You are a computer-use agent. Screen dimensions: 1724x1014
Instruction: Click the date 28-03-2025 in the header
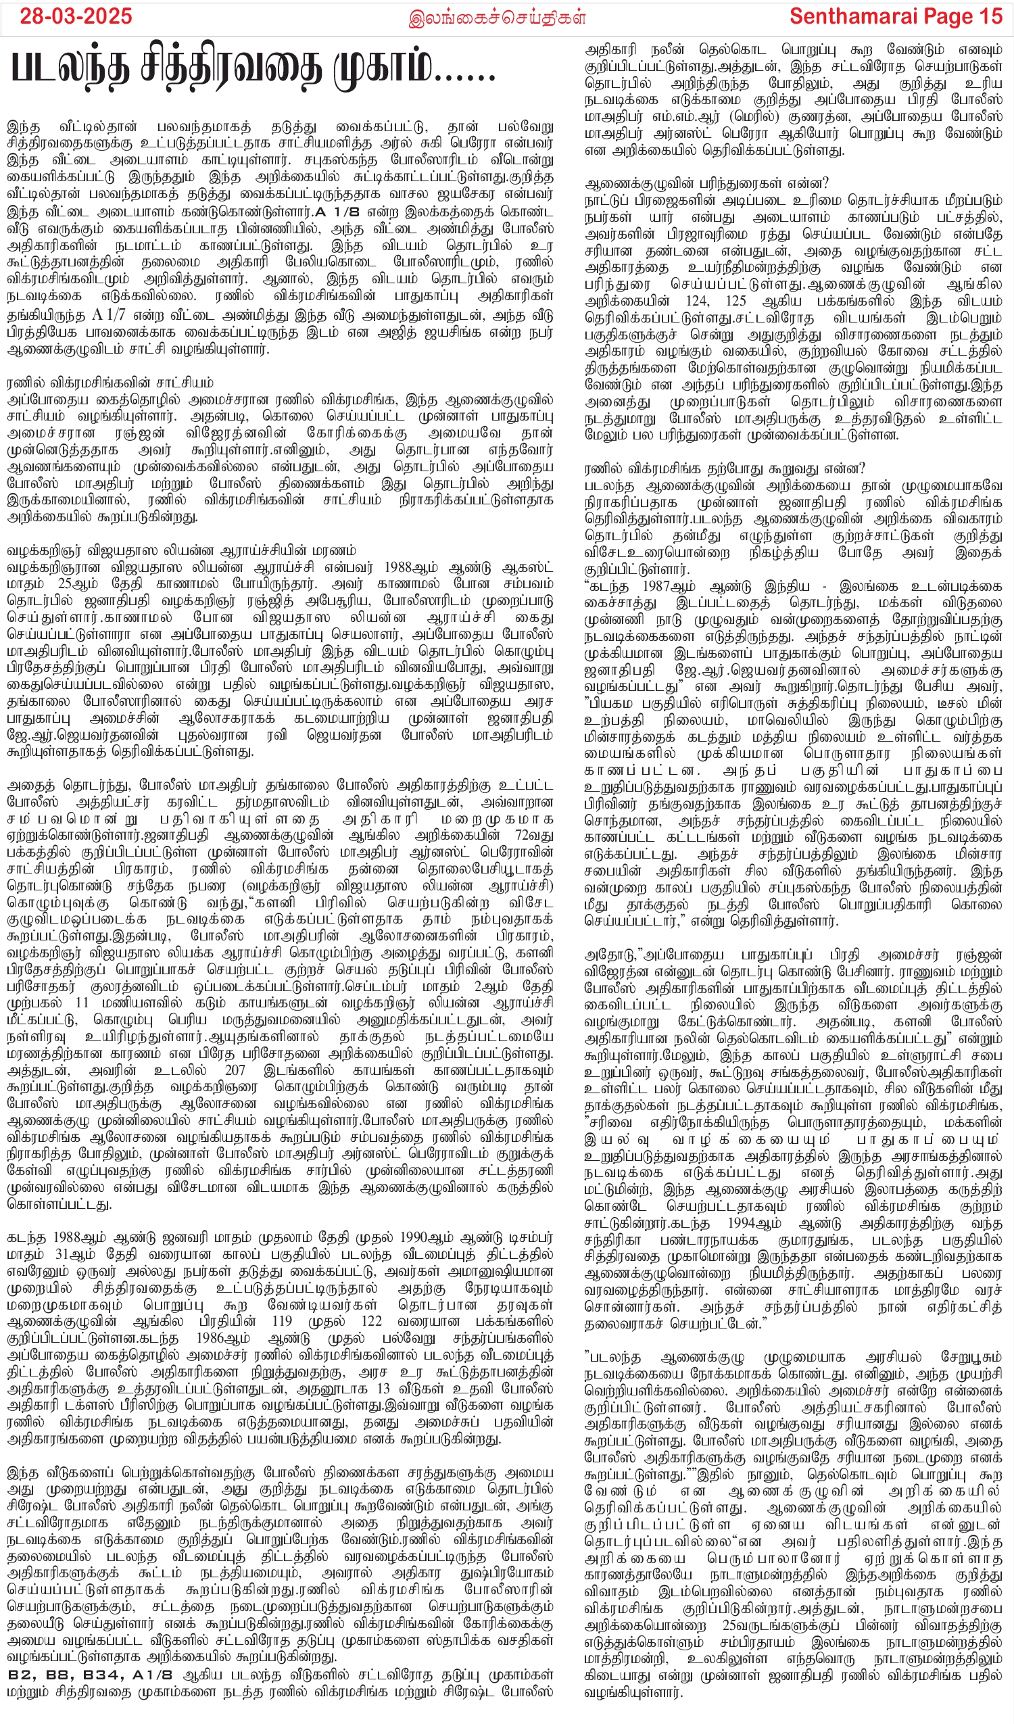tap(76, 16)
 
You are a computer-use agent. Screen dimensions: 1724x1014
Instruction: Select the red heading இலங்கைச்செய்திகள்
tap(497, 18)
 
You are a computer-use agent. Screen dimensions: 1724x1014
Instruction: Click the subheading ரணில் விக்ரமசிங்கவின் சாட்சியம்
tap(110, 382)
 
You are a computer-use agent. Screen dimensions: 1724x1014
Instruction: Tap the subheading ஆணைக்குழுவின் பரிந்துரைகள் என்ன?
tap(706, 183)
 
